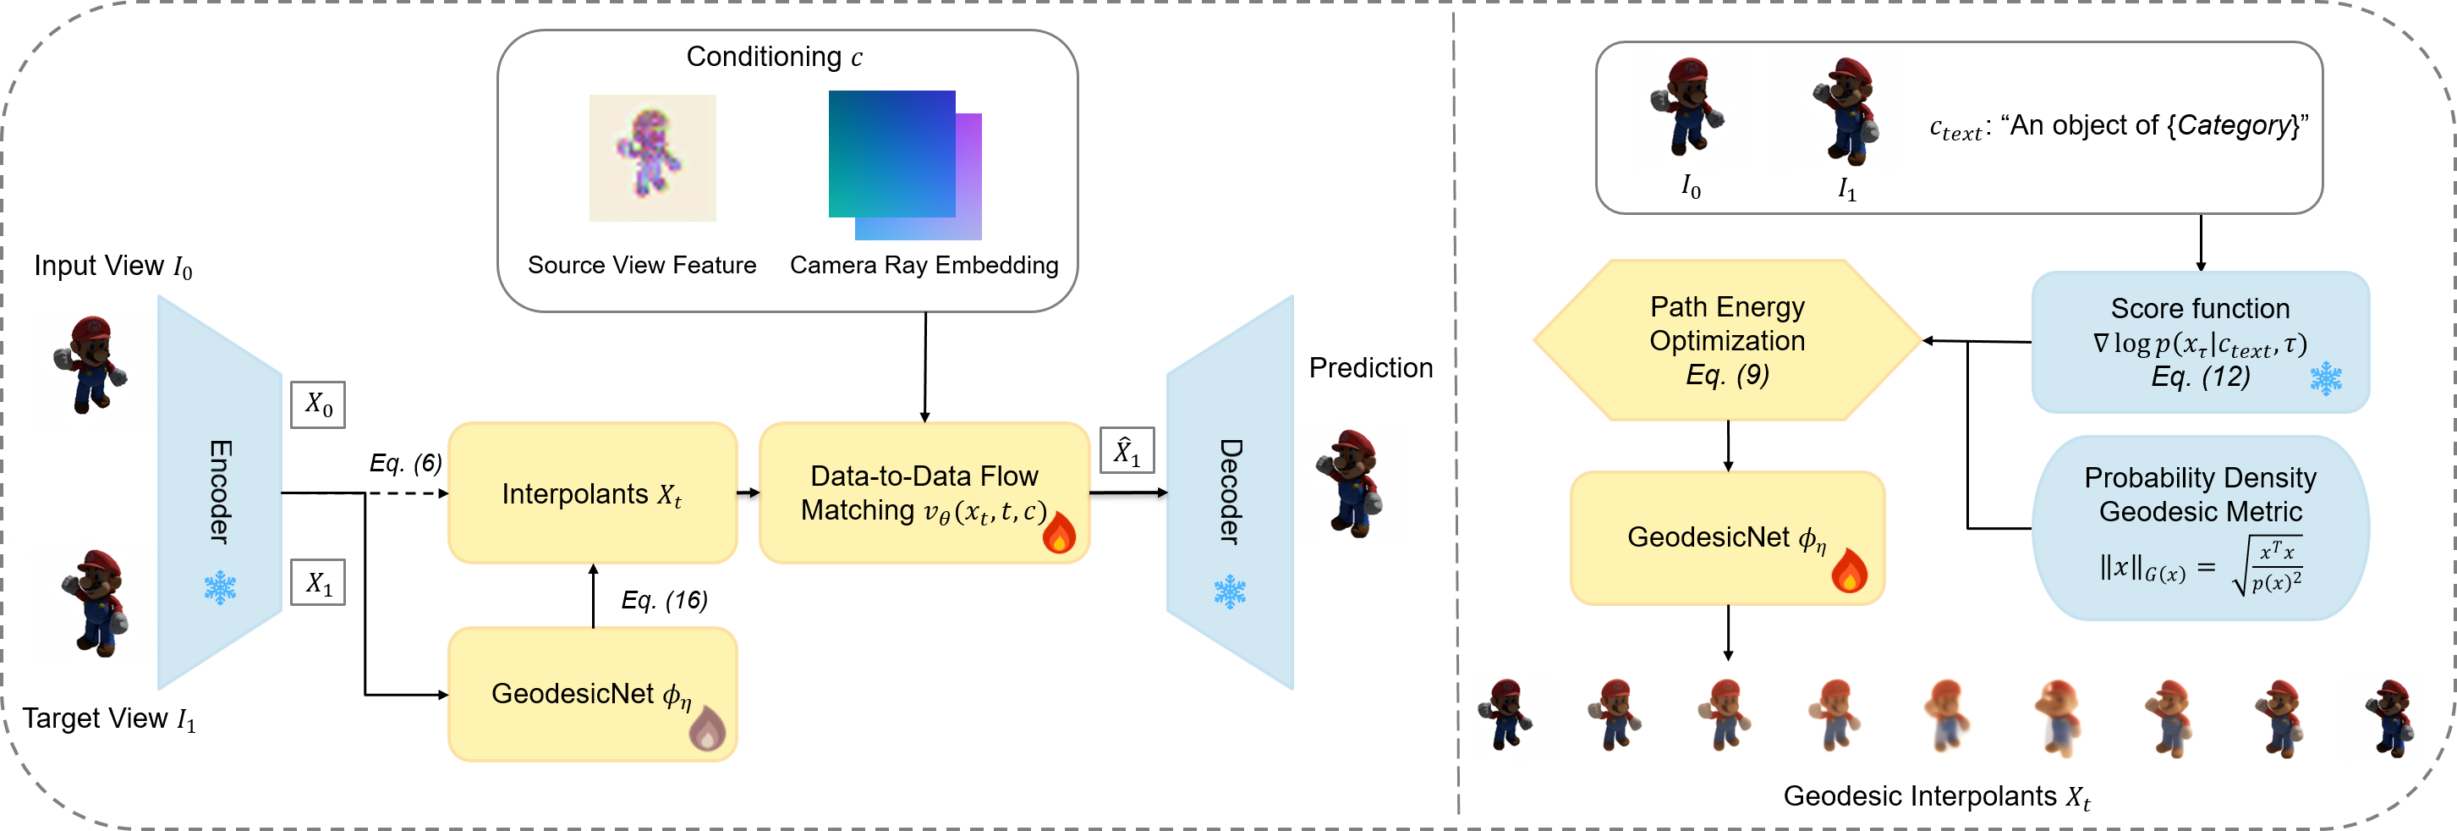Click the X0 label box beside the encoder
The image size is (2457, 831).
pos(318,404)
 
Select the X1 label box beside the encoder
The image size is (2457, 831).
pos(318,582)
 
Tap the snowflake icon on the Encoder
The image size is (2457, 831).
pos(221,588)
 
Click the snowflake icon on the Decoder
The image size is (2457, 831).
pos(1230,592)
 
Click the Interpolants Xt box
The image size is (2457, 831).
pos(592,493)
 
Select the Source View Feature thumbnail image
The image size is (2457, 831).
pos(652,157)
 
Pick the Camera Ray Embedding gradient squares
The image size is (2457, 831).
pos(904,165)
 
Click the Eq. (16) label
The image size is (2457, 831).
pos(664,600)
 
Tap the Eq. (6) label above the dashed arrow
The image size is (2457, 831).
pos(405,463)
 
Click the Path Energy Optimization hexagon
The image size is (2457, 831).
pos(1727,340)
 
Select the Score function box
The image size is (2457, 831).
pos(2200,342)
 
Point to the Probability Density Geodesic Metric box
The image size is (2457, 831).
pos(2200,527)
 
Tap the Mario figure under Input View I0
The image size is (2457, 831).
pos(90,365)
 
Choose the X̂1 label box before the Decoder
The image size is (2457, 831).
pos(1127,450)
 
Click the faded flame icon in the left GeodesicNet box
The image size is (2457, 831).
pos(707,729)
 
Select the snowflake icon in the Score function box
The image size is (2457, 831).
pos(2325,379)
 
